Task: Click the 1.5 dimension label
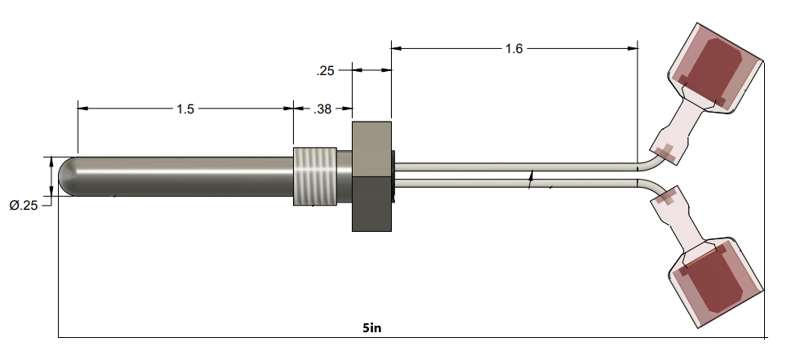[x=185, y=109]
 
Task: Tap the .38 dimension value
[x=323, y=109]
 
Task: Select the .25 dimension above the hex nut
[x=325, y=71]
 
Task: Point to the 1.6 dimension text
[x=513, y=49]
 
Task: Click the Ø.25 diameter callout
[x=25, y=206]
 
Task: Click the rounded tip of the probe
[x=68, y=176]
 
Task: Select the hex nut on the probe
[x=372, y=176]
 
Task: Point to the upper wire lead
[x=514, y=167]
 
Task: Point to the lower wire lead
[x=514, y=184]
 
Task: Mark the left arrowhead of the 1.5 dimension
[x=82, y=107]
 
